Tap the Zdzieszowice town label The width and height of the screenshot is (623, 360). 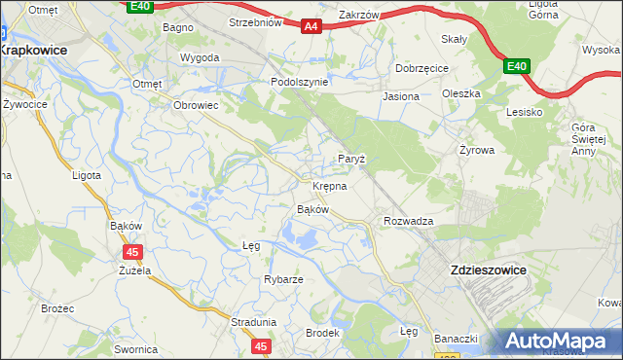(x=486, y=270)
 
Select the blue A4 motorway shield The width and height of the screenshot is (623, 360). (x=311, y=28)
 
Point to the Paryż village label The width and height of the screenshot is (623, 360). (x=350, y=158)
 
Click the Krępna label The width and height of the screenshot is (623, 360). (x=330, y=185)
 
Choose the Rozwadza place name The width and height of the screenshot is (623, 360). (x=408, y=221)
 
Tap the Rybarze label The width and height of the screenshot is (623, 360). (x=283, y=279)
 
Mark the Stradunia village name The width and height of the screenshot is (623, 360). (x=254, y=321)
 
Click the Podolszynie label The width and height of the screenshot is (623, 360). (x=299, y=83)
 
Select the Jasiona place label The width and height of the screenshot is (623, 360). (x=401, y=96)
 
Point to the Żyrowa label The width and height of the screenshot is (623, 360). (x=477, y=151)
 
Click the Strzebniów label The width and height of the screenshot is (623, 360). (x=254, y=21)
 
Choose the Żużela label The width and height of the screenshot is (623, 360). (x=133, y=270)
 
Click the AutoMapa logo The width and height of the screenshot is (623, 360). (x=561, y=342)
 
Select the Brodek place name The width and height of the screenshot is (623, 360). (x=322, y=333)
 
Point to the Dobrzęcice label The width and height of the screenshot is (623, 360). (x=421, y=69)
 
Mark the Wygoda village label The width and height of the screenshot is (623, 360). (x=200, y=57)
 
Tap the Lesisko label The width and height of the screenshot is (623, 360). (x=524, y=112)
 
